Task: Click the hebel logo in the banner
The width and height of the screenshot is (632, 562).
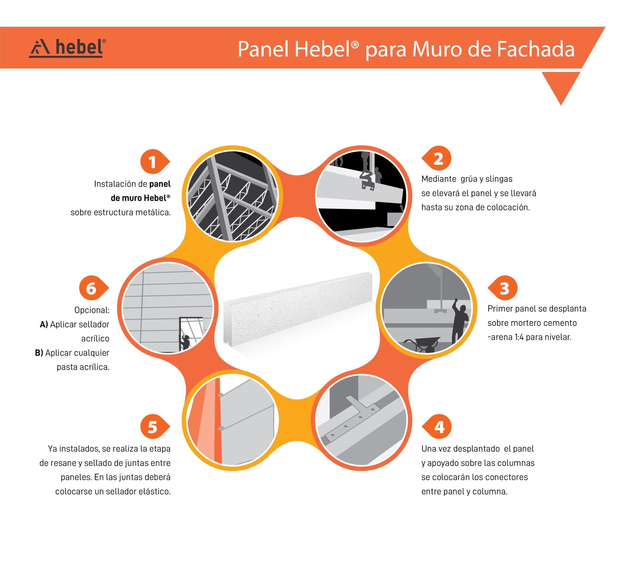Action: coord(67,48)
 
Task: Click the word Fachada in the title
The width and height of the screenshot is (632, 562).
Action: coord(535,49)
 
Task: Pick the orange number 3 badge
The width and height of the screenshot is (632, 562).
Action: coord(503,288)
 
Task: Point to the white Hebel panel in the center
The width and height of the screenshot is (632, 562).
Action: coord(298,312)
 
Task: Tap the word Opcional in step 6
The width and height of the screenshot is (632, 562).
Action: coord(92,310)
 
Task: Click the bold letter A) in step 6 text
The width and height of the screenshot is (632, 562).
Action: coord(44,324)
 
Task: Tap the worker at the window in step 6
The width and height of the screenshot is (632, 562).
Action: coord(185,342)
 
